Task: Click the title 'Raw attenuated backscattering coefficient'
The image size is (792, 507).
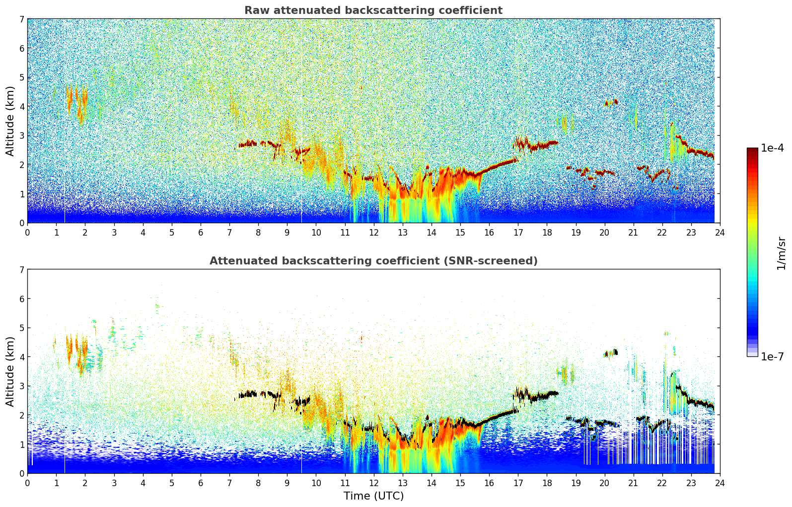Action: [x=373, y=10]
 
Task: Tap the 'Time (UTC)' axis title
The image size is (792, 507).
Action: [x=373, y=496]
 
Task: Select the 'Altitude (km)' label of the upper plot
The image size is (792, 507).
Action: [x=10, y=121]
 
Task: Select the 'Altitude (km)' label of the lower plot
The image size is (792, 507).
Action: [x=10, y=372]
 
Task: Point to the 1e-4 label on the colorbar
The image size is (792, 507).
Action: [x=772, y=148]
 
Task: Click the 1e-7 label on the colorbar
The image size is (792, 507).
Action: [x=772, y=356]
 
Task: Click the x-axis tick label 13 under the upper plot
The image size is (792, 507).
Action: [x=402, y=233]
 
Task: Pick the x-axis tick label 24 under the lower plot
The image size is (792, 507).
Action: [x=720, y=483]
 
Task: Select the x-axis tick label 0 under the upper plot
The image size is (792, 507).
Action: [x=28, y=233]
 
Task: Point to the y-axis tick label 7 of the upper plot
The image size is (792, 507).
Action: [x=22, y=19]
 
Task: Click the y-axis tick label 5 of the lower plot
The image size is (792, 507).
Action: [x=22, y=328]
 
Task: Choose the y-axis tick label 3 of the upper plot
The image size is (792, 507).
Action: [x=22, y=136]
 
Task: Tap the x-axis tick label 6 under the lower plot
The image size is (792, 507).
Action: [x=201, y=483]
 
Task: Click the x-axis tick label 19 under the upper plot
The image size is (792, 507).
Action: [x=576, y=233]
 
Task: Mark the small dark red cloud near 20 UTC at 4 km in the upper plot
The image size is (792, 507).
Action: [x=611, y=103]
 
